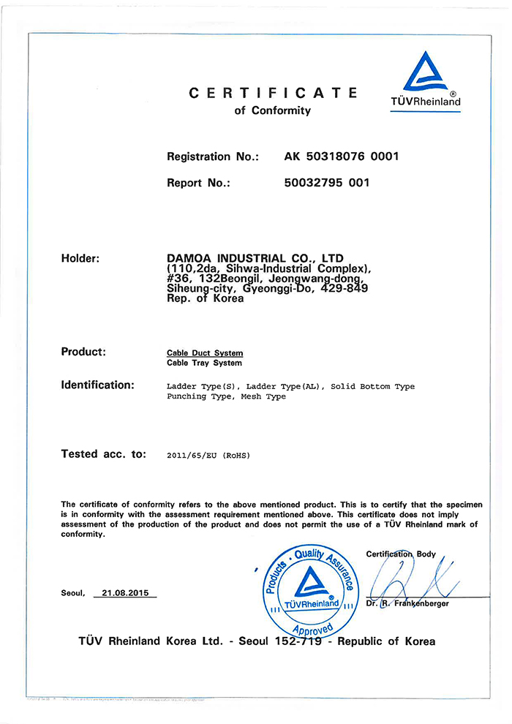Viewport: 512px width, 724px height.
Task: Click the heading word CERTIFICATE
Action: (x=274, y=93)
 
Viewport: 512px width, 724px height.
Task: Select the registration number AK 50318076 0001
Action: (x=341, y=157)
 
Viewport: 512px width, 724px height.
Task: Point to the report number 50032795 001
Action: (x=326, y=183)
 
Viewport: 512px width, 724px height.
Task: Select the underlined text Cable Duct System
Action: (x=205, y=353)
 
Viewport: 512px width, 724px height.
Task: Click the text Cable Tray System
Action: (x=204, y=363)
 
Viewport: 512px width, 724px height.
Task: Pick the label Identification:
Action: (x=97, y=385)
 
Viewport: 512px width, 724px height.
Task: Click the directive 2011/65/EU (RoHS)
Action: (x=208, y=456)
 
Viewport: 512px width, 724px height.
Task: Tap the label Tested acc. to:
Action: (x=104, y=454)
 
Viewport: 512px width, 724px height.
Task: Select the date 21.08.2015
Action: (x=125, y=593)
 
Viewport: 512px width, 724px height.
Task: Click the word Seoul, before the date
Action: (x=73, y=593)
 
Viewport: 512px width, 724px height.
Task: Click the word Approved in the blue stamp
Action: (x=312, y=628)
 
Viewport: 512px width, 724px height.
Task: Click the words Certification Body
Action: (x=401, y=554)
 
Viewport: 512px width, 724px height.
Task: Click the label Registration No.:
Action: (x=213, y=157)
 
